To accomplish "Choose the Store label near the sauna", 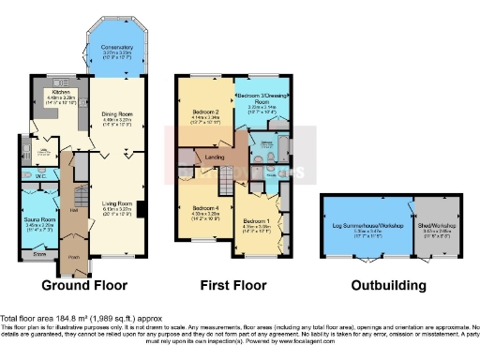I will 38,252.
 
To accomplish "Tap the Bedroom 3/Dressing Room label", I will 260,99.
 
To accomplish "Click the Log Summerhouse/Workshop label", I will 365,225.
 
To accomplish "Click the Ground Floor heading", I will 80,285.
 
